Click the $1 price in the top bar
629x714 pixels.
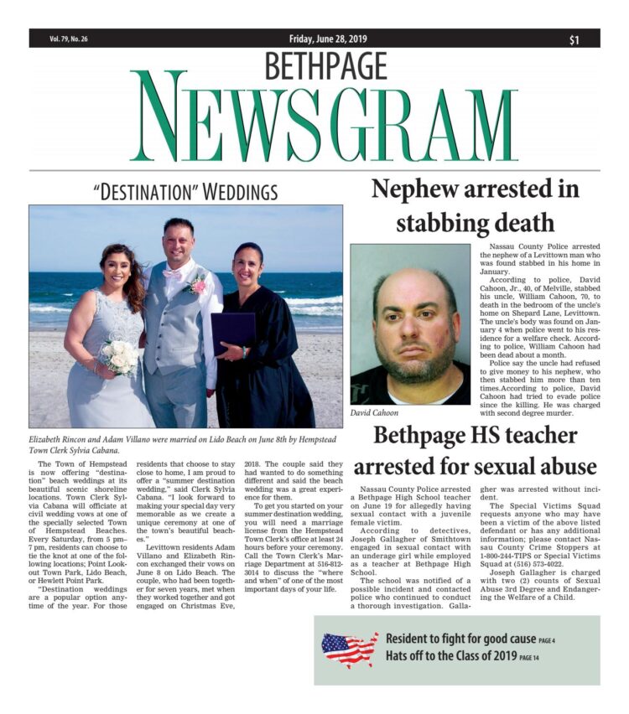click(x=574, y=39)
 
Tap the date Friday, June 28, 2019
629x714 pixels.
click(x=323, y=39)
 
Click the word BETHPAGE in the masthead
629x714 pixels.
click(x=326, y=65)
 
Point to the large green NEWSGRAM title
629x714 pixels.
click(x=324, y=117)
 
